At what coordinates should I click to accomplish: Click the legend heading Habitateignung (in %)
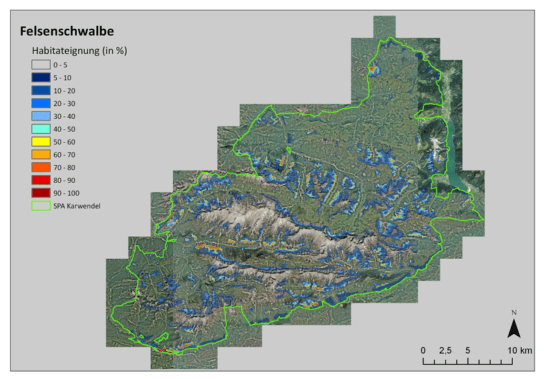pyautogui.click(x=79, y=50)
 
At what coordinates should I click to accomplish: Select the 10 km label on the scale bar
pyautogui.click(x=520, y=350)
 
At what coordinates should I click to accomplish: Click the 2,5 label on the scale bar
pyautogui.click(x=445, y=350)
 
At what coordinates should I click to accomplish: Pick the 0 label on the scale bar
pyautogui.click(x=423, y=350)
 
